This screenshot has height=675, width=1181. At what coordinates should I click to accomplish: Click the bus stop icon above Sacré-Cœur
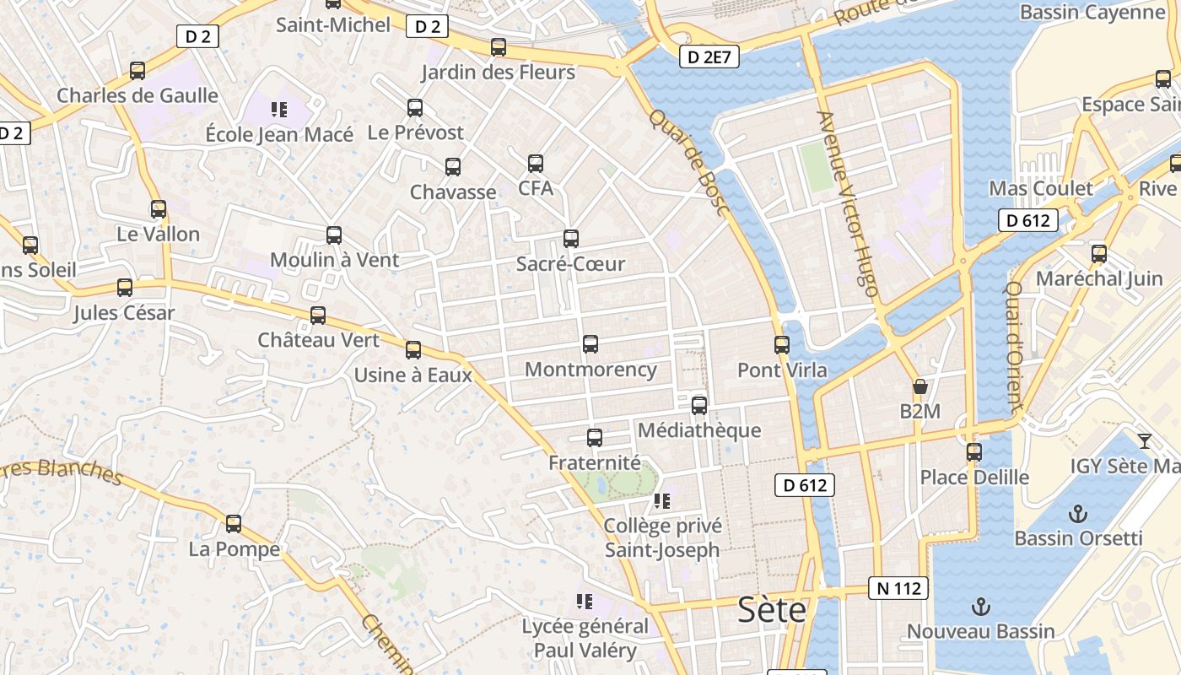point(571,239)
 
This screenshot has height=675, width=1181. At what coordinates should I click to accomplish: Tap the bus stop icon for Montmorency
point(590,344)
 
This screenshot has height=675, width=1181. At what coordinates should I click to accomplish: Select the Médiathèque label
point(699,430)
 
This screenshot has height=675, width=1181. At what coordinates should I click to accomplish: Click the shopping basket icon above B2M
point(919,387)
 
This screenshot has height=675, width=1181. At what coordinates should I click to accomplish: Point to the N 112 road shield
point(898,588)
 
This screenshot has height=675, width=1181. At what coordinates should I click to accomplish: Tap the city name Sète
point(772,610)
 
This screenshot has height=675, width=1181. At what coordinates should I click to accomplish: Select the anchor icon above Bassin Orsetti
point(1077,513)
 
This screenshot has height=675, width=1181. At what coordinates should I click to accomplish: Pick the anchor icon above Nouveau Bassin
point(980,606)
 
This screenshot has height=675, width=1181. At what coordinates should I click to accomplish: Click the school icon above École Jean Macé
point(279,109)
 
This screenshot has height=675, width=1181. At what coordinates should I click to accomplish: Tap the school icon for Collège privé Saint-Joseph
point(662,501)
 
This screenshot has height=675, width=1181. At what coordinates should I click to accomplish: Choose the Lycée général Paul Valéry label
point(585,639)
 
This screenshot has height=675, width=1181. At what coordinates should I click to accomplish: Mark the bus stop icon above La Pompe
point(234,524)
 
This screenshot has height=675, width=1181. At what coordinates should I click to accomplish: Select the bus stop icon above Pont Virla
point(782,345)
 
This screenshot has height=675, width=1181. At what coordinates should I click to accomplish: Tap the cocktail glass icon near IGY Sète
point(1144,440)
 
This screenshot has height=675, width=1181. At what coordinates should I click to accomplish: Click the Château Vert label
point(319,341)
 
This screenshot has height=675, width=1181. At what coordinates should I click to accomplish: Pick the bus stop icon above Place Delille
point(974,452)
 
